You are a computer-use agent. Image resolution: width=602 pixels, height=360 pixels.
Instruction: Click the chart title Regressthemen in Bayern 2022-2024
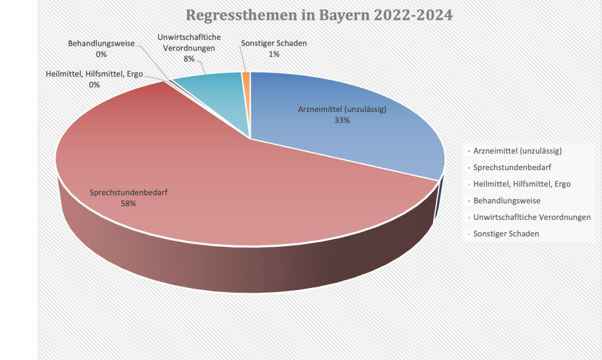[319, 15]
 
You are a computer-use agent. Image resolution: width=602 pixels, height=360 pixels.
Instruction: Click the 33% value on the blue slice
[341, 120]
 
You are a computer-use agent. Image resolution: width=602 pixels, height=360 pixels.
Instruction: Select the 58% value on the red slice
[128, 204]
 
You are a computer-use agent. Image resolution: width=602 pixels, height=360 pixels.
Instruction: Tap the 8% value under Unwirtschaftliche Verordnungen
[189, 59]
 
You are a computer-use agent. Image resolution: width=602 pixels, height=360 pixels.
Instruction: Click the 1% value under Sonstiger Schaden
[274, 54]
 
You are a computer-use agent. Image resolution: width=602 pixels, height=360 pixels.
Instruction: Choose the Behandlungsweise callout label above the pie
[101, 44]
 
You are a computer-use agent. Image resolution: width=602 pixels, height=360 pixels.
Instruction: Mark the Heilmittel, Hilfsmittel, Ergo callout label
[95, 75]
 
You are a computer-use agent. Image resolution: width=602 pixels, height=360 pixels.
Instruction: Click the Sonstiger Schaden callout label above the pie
[274, 44]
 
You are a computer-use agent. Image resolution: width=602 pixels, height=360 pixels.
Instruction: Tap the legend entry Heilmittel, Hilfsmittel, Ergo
[522, 184]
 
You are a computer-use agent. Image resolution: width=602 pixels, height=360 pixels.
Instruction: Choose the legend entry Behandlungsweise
[506, 200]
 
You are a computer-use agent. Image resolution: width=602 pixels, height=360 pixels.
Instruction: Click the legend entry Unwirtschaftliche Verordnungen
[531, 217]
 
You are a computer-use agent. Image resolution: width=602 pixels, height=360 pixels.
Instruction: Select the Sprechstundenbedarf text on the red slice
[128, 193]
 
